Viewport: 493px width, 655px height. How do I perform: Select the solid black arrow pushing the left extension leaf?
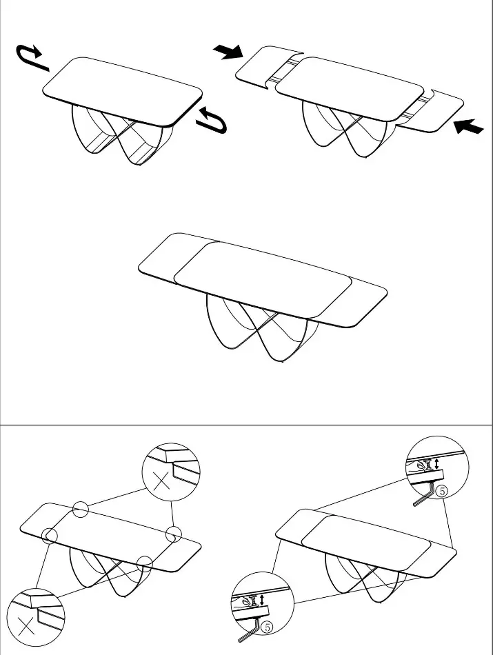pos(228,52)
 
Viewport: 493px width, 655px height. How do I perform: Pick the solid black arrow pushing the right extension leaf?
pos(468,125)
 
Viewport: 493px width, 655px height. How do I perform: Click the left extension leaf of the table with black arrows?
pos(268,66)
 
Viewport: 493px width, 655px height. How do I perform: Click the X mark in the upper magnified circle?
pos(161,481)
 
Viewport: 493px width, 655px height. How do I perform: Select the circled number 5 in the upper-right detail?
pos(441,491)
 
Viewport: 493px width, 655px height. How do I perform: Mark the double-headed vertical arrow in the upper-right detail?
pos(436,463)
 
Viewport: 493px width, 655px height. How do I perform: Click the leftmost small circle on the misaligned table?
pos(50,535)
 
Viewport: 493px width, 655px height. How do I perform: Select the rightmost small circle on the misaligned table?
pos(173,534)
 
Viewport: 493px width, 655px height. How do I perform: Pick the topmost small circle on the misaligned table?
pos(80,510)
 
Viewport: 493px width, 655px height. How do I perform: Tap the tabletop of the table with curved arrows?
pos(122,92)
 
